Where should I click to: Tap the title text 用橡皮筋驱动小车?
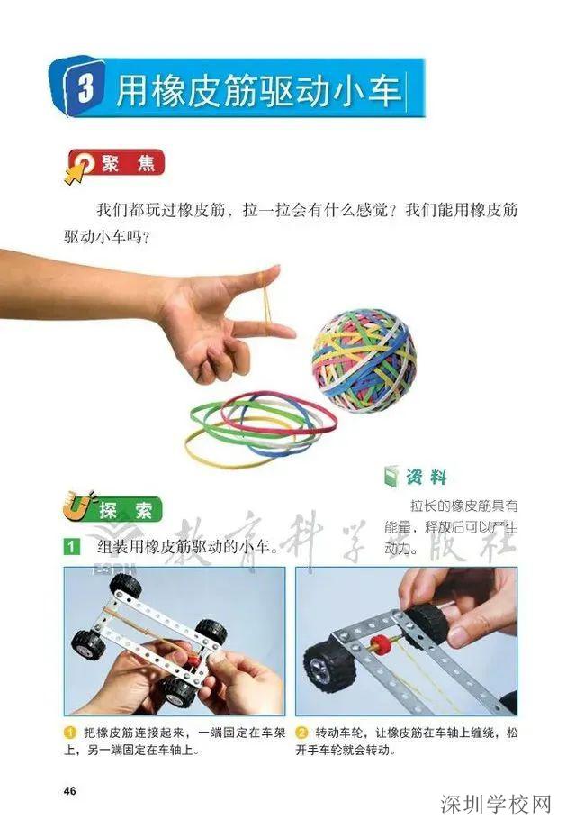coord(261,91)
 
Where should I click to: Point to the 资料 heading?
coord(425,477)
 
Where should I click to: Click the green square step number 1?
coord(71,547)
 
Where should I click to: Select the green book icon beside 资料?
coord(389,477)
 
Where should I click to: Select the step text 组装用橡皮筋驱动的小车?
coord(180,547)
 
